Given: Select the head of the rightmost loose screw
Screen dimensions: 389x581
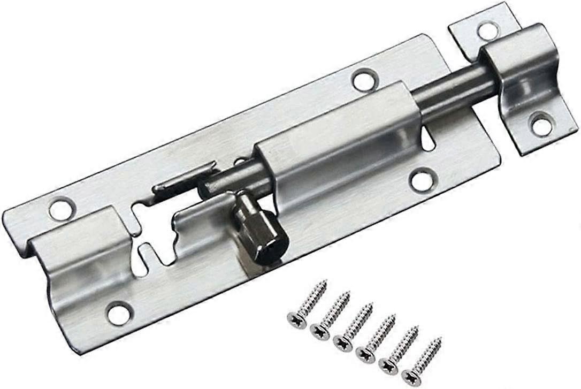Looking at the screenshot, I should click(411, 376).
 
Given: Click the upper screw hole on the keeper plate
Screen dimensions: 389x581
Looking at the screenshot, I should click(488, 30).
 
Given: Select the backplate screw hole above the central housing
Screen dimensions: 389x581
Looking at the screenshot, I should click(365, 80).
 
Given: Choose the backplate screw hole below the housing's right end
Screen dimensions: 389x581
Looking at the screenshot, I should click(423, 179).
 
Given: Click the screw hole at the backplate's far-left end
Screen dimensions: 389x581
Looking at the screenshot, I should click(62, 208).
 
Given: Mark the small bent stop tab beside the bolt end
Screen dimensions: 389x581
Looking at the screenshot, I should click(182, 179).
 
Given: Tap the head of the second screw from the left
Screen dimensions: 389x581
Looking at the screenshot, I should click(319, 330).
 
